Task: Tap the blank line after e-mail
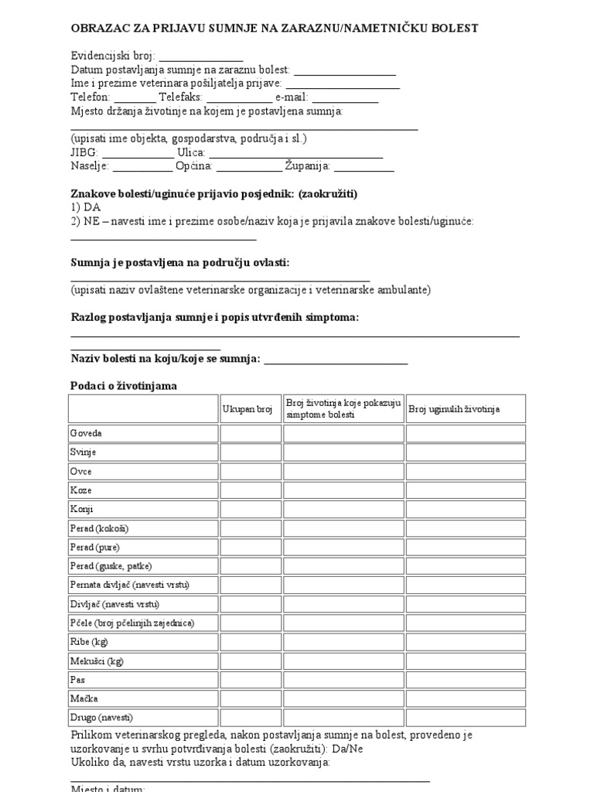point(345,101)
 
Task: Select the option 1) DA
point(86,207)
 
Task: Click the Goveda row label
point(86,434)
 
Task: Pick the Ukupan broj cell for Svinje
point(250,452)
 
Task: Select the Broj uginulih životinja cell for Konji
point(466,510)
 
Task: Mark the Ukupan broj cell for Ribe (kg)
point(250,643)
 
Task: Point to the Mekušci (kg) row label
point(97,661)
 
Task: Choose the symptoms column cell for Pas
point(343,681)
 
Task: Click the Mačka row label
point(84,699)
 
